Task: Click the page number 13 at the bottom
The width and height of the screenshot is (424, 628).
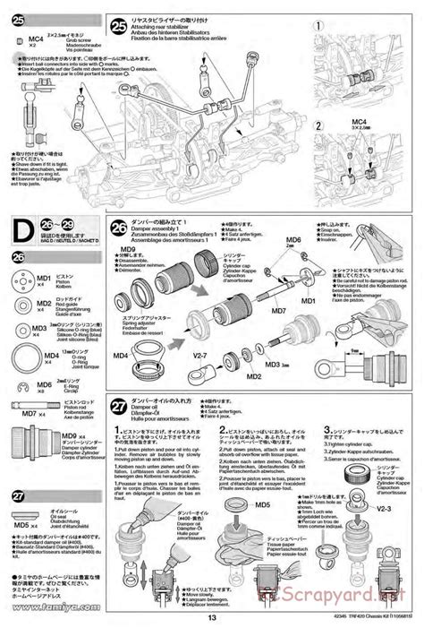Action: point(211,616)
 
